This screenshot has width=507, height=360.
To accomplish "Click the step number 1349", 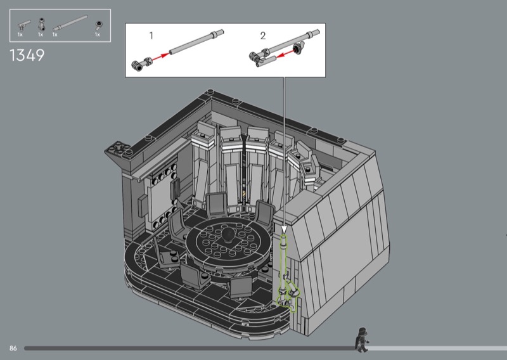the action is click(27, 55).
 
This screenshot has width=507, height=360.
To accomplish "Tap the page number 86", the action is click(13, 348).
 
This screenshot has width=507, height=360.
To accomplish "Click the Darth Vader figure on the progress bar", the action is click(362, 340).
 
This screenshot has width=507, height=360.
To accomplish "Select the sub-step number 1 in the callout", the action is click(151, 35).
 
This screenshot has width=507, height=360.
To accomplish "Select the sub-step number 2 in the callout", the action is click(263, 35).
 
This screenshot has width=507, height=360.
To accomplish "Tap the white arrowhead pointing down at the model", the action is click(284, 229).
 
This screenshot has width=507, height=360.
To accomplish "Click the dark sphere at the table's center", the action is click(229, 235).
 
